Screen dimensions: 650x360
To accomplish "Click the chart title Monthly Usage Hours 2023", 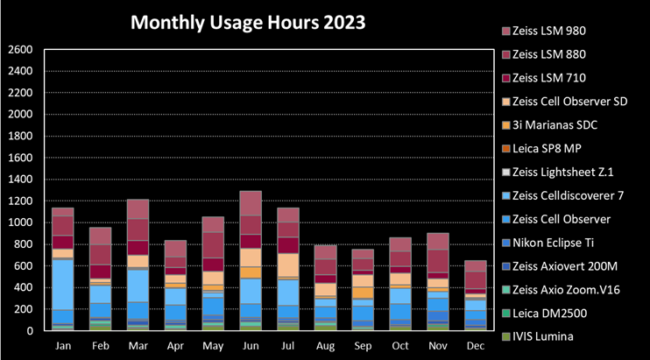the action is pos(248,23).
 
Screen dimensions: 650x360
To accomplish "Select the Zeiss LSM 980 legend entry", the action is pos(544,31).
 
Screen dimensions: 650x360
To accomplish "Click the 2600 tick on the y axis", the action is pos(20,50).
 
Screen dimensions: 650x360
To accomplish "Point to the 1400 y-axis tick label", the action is pos(20,180).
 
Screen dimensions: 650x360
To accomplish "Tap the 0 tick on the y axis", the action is pos(30,331).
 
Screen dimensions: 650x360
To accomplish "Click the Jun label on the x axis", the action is pos(251,346).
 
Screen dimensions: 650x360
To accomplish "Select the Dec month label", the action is pos(476,346).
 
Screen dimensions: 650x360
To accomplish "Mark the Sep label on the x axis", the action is pos(363,346).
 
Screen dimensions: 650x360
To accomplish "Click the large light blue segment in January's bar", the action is pos(63,285).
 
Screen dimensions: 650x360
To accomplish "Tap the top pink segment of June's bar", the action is pos(251,203).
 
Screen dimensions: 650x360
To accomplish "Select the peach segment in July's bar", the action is pos(288,265).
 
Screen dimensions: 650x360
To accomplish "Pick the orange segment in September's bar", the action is pos(363,293).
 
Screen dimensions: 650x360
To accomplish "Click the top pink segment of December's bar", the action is pos(476,266).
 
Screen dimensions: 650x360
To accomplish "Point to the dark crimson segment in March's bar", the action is pos(138,248).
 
